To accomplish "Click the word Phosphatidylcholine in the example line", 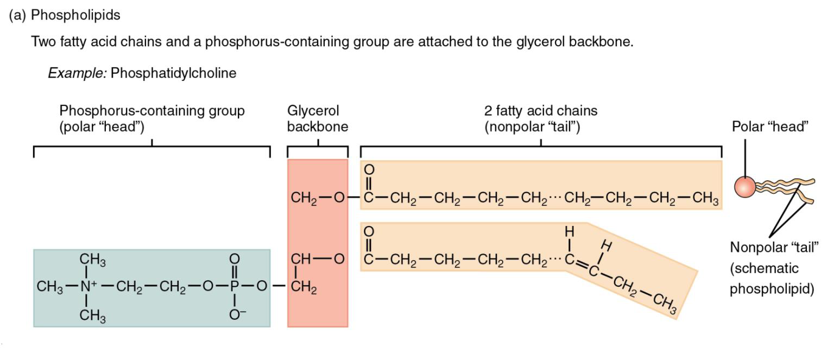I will tap(173, 73).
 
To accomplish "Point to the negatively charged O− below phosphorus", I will tap(236, 314).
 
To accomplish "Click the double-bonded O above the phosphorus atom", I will tap(235, 259).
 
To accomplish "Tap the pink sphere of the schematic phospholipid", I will tap(745, 186).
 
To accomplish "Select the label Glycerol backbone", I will tap(317, 119).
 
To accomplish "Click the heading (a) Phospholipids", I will tap(65, 15).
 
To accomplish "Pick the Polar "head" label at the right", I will tap(770, 127).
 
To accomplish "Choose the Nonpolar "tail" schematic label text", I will tap(773, 248).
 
